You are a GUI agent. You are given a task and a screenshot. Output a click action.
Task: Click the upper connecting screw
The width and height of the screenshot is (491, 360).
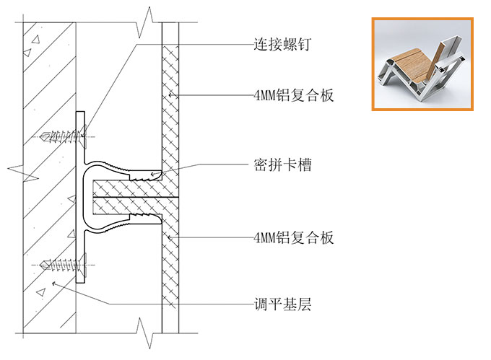(x=64, y=134)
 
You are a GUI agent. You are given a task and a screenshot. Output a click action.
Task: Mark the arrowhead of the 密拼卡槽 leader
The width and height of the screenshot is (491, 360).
(x=155, y=172)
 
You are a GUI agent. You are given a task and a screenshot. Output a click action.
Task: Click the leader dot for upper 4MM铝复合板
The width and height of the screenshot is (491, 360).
(x=170, y=95)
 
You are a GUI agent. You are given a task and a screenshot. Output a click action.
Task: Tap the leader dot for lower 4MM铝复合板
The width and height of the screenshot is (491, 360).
(x=170, y=237)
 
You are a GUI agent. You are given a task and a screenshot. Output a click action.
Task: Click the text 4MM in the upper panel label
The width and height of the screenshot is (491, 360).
(x=266, y=95)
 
